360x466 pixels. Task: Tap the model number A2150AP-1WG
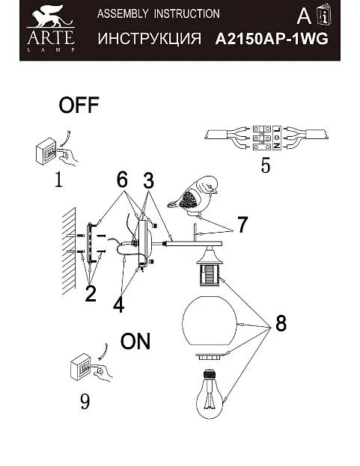[x=272, y=39]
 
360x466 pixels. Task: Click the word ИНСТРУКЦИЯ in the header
[x=149, y=39]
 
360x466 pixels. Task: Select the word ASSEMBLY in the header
[x=123, y=13]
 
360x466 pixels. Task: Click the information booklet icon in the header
[x=324, y=14]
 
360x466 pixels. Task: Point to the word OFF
[x=79, y=105]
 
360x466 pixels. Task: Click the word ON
[x=135, y=341]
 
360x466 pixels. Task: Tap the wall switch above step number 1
[x=46, y=151]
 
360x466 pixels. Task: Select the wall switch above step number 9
[x=81, y=367]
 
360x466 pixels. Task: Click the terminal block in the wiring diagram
[x=267, y=138]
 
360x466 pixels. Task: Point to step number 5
[x=266, y=165]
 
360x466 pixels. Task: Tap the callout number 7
[x=242, y=225]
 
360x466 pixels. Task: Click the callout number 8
[x=281, y=323]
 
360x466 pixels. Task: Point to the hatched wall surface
[x=69, y=251]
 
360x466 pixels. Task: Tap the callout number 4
[x=118, y=304]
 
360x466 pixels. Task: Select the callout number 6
[x=122, y=180]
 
